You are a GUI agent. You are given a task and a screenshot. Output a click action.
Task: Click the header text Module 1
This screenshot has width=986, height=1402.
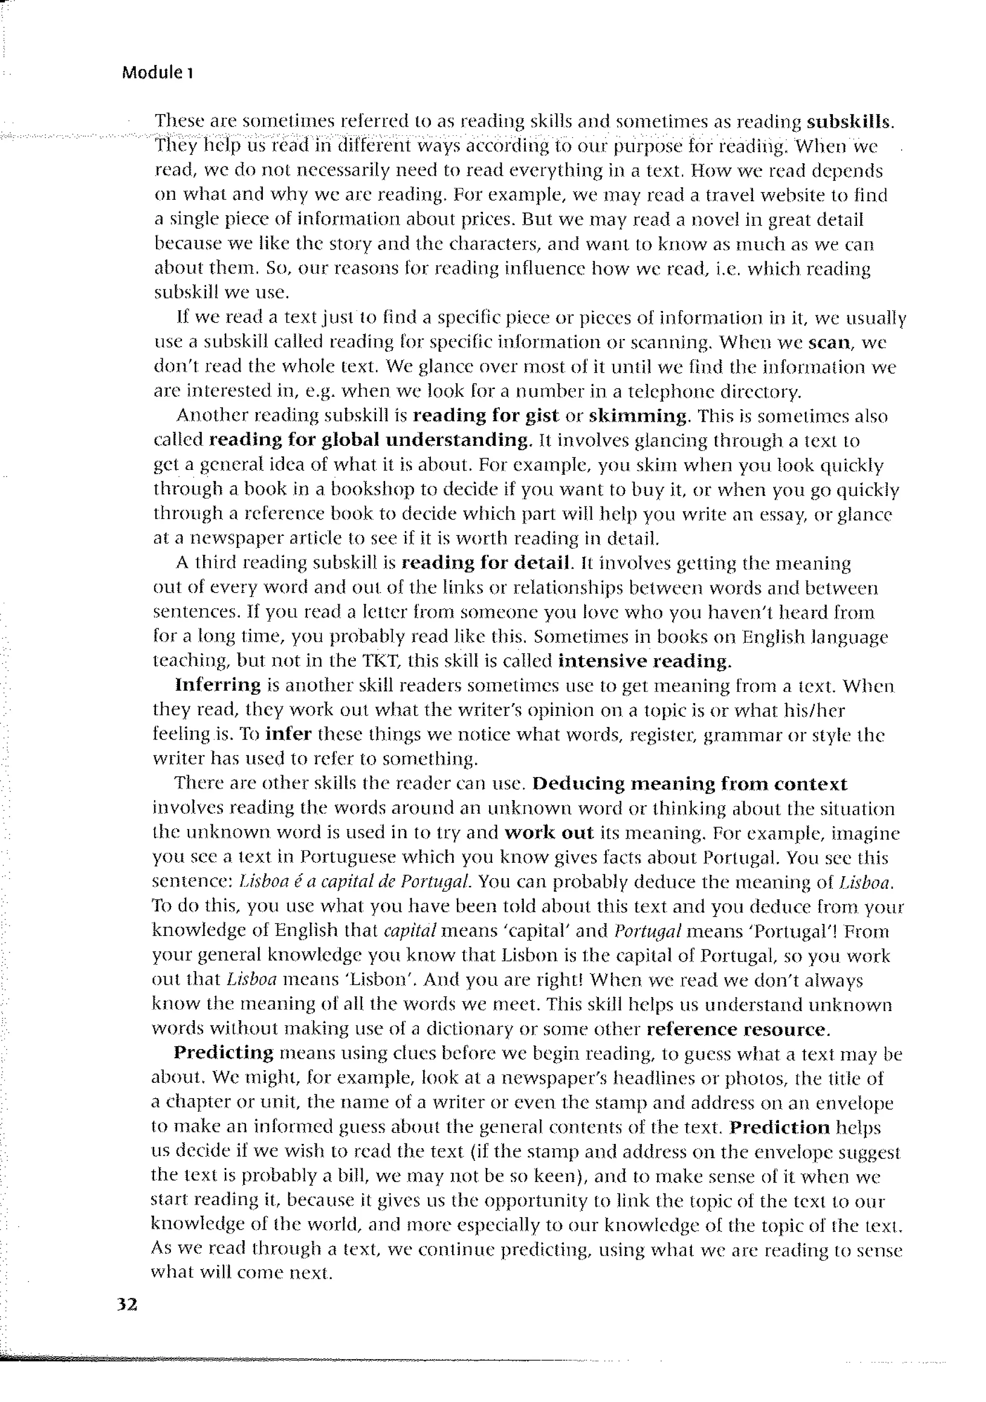[x=157, y=73]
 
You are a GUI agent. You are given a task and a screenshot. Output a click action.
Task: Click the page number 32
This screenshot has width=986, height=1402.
[x=127, y=1304]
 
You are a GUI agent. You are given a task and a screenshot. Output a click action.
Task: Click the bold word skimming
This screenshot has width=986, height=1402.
[x=638, y=416]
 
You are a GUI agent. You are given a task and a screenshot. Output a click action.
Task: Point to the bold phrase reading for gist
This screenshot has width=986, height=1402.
[x=485, y=416]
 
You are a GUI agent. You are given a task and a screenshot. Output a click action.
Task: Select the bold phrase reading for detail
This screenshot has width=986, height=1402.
[x=485, y=562]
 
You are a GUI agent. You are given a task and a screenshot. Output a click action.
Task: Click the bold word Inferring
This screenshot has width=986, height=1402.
[x=218, y=685]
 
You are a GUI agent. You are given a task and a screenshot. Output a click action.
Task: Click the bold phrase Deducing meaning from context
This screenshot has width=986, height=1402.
[x=689, y=783]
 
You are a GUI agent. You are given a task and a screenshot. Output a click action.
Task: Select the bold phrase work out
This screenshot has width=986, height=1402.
[x=549, y=833]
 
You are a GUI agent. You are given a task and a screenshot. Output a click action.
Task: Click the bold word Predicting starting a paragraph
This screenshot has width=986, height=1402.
[x=223, y=1053]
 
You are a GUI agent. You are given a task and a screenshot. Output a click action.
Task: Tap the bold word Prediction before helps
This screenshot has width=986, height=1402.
[x=779, y=1127]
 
